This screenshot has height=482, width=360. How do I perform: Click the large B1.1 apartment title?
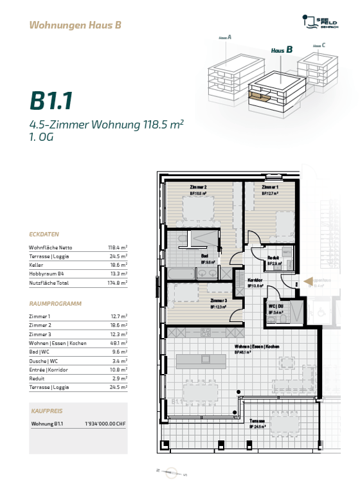[x=51, y=101]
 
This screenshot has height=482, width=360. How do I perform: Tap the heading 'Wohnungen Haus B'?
[x=75, y=26]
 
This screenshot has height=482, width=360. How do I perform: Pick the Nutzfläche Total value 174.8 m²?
[x=117, y=282]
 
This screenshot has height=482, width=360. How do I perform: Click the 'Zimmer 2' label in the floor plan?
[x=198, y=187]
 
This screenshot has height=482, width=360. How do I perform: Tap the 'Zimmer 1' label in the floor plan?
[x=270, y=187]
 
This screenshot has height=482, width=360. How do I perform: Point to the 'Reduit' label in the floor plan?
[x=273, y=258]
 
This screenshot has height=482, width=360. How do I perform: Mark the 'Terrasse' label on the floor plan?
[x=258, y=421]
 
